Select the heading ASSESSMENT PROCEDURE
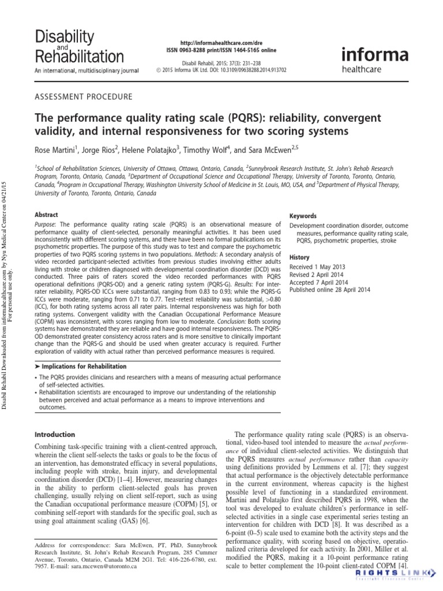[84, 96]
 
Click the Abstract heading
[46, 214]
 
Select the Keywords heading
[303, 216]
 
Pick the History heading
[299, 257]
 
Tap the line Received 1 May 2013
[317, 267]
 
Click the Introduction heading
[55, 434]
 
